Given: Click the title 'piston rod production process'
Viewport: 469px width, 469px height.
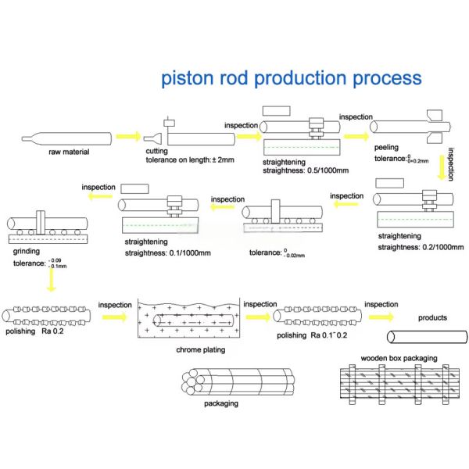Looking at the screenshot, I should pyautogui.click(x=291, y=79).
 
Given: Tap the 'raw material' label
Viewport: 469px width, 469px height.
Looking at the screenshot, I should pyautogui.click(x=69, y=152).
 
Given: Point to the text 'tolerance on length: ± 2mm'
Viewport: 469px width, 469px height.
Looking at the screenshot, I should pyautogui.click(x=190, y=160).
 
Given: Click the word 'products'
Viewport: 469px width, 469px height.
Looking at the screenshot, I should pyautogui.click(x=432, y=317).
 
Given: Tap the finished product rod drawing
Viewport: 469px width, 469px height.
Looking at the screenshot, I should pyautogui.click(x=427, y=337).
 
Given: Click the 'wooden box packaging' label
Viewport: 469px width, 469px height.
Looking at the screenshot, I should pyautogui.click(x=399, y=359).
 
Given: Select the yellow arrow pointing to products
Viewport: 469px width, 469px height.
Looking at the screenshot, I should pyautogui.click(x=381, y=317).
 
